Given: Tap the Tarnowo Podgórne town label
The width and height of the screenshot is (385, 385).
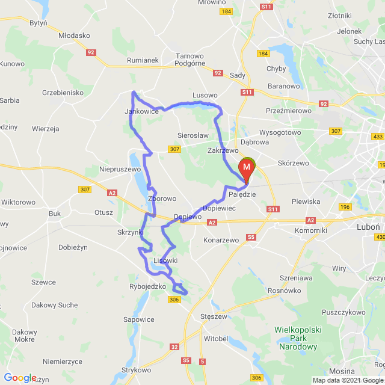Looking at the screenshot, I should point(189,60).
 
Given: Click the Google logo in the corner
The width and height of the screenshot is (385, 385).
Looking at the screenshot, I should point(20,378).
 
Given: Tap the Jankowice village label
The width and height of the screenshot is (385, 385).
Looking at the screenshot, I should point(141,111).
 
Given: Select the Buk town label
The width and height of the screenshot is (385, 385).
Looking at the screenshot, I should point(55,213).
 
